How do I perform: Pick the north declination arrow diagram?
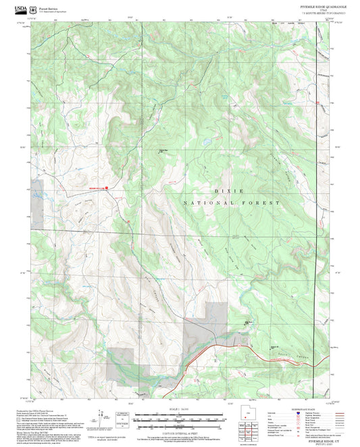click(x=103, y=418)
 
